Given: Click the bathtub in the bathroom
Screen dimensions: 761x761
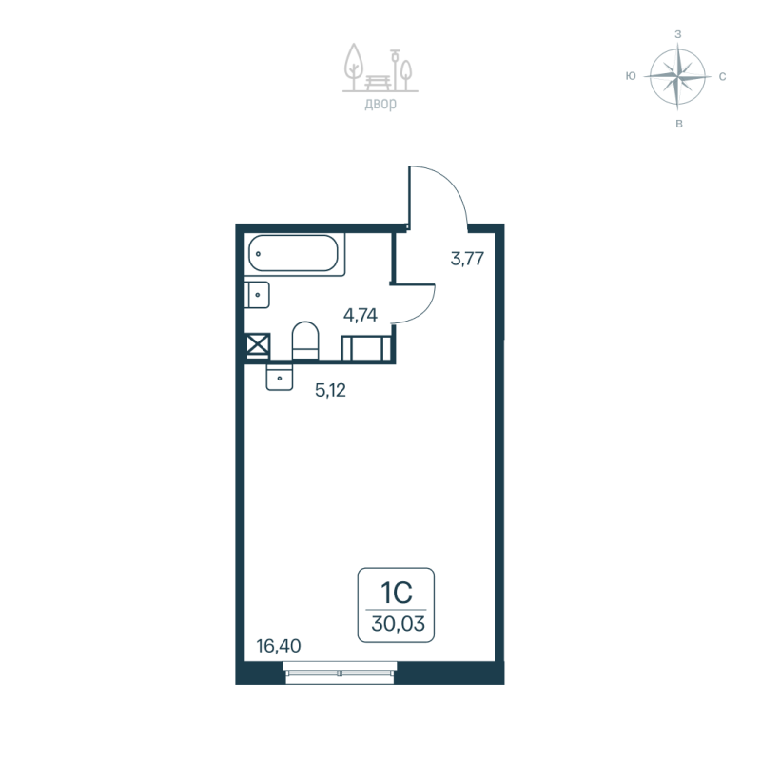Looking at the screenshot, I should click(x=294, y=255).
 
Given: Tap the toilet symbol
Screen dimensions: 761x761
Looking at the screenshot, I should click(x=304, y=341).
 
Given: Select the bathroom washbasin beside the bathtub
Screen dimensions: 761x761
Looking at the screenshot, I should click(x=256, y=296).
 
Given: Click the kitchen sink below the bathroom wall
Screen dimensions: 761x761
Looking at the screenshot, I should click(x=281, y=377).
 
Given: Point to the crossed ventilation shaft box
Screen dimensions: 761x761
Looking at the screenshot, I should click(x=257, y=344).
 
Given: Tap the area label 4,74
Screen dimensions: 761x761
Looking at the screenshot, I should click(x=361, y=316).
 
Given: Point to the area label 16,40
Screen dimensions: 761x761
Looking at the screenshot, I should click(x=279, y=646).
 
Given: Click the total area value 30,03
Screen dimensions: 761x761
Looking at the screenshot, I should click(x=396, y=625).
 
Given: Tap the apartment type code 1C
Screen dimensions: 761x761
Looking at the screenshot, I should click(x=396, y=595).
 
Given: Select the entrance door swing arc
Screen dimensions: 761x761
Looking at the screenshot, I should click(x=442, y=195).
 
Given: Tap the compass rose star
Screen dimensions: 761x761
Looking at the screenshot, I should click(x=677, y=76).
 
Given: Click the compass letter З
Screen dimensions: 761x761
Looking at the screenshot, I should click(x=677, y=33).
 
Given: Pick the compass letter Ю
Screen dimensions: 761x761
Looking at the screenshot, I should click(x=631, y=76).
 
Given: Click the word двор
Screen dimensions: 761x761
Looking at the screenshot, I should click(x=380, y=104).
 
